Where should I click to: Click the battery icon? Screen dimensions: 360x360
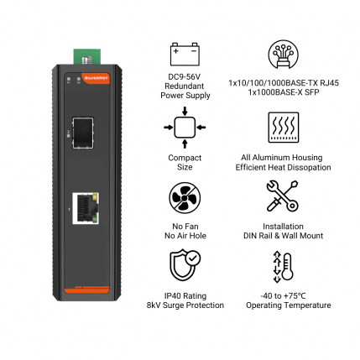[185, 54]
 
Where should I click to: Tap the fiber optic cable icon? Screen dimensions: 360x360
[283, 55]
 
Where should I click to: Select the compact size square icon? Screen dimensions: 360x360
[185, 128]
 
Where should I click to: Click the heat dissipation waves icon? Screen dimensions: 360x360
[284, 128]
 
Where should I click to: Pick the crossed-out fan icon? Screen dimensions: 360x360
[185, 198]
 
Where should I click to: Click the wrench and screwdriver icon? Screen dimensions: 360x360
[282, 196]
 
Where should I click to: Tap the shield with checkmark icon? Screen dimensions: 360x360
[185, 264]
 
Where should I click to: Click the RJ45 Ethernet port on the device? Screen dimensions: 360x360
[86, 208]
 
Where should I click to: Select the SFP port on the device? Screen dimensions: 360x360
[83, 133]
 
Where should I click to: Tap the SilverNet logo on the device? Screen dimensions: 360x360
[95, 77]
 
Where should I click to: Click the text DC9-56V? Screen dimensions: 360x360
[185, 76]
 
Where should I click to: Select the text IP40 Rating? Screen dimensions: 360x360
[185, 295]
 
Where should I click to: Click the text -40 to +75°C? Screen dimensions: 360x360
[283, 295]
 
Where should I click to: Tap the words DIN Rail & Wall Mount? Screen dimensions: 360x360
[283, 236]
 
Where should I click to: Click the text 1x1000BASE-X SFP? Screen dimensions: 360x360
[284, 92]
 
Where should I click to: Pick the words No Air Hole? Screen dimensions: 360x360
[185, 236]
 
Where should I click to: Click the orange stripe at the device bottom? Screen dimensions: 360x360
[86, 290]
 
